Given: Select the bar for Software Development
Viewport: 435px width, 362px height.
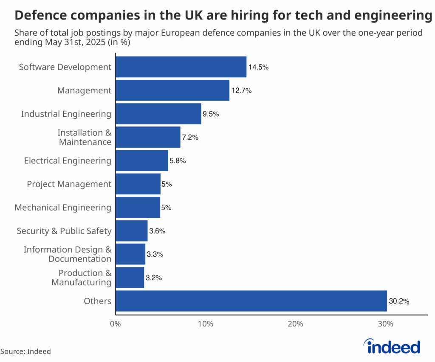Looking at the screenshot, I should (x=181, y=67).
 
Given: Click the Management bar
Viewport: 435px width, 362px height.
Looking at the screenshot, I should (x=172, y=90).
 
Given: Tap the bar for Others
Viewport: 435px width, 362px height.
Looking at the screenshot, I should (x=251, y=301).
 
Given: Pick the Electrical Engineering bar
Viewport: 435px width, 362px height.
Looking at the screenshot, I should (x=141, y=160).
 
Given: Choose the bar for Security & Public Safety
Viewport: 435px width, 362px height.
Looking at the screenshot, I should (x=131, y=231).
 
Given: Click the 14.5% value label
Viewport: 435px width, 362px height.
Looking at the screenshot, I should (x=259, y=67).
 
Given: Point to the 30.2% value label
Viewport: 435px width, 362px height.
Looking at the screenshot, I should (x=399, y=301).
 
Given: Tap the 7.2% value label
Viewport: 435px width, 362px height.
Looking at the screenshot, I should (x=190, y=138).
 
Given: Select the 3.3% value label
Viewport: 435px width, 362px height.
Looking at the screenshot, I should (x=155, y=255).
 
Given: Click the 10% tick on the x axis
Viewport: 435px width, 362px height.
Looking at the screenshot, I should (x=205, y=324).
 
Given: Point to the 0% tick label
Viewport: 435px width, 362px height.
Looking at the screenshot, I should (x=115, y=324).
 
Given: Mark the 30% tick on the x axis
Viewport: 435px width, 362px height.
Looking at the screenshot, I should (x=385, y=324).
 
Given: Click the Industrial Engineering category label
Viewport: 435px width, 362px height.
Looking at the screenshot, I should (x=66, y=114).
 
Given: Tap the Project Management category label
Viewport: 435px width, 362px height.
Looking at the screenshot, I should (x=69, y=184).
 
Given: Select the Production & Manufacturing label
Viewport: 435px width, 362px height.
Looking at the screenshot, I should (x=82, y=278).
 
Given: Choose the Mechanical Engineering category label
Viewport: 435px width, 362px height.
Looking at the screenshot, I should (x=63, y=208).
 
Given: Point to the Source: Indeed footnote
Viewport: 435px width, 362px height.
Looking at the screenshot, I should (x=25, y=351).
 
